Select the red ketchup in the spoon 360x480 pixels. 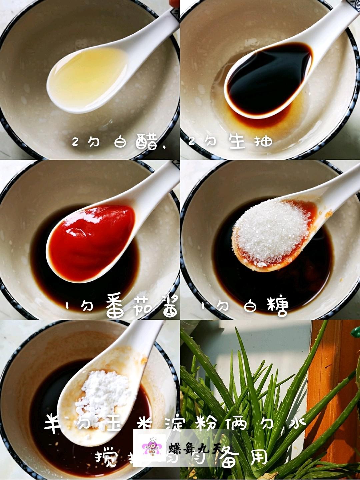(92, 240)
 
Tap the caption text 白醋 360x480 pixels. (135, 142)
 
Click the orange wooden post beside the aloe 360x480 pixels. (330, 383)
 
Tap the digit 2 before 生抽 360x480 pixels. (191, 142)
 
